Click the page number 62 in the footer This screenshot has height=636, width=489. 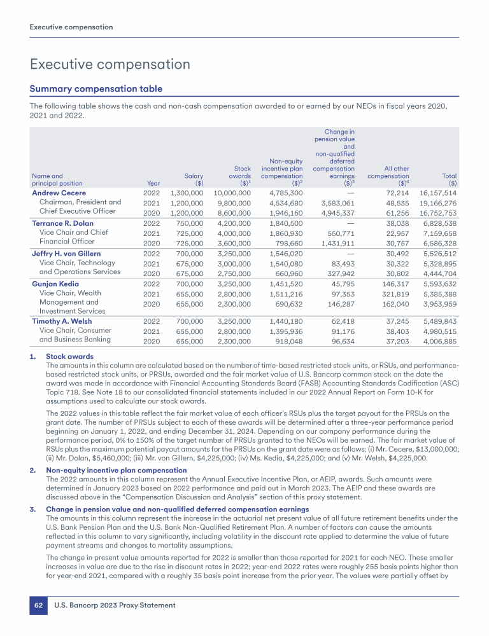tap(38, 605)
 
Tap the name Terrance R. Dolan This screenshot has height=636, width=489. tap(62, 223)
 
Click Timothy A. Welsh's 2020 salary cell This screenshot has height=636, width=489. tap(186, 342)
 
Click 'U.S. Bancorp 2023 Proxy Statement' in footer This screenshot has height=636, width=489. tap(115, 605)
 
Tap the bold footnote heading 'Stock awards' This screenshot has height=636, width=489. tap(68, 357)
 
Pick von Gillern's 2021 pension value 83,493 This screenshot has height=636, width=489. tap(339, 264)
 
